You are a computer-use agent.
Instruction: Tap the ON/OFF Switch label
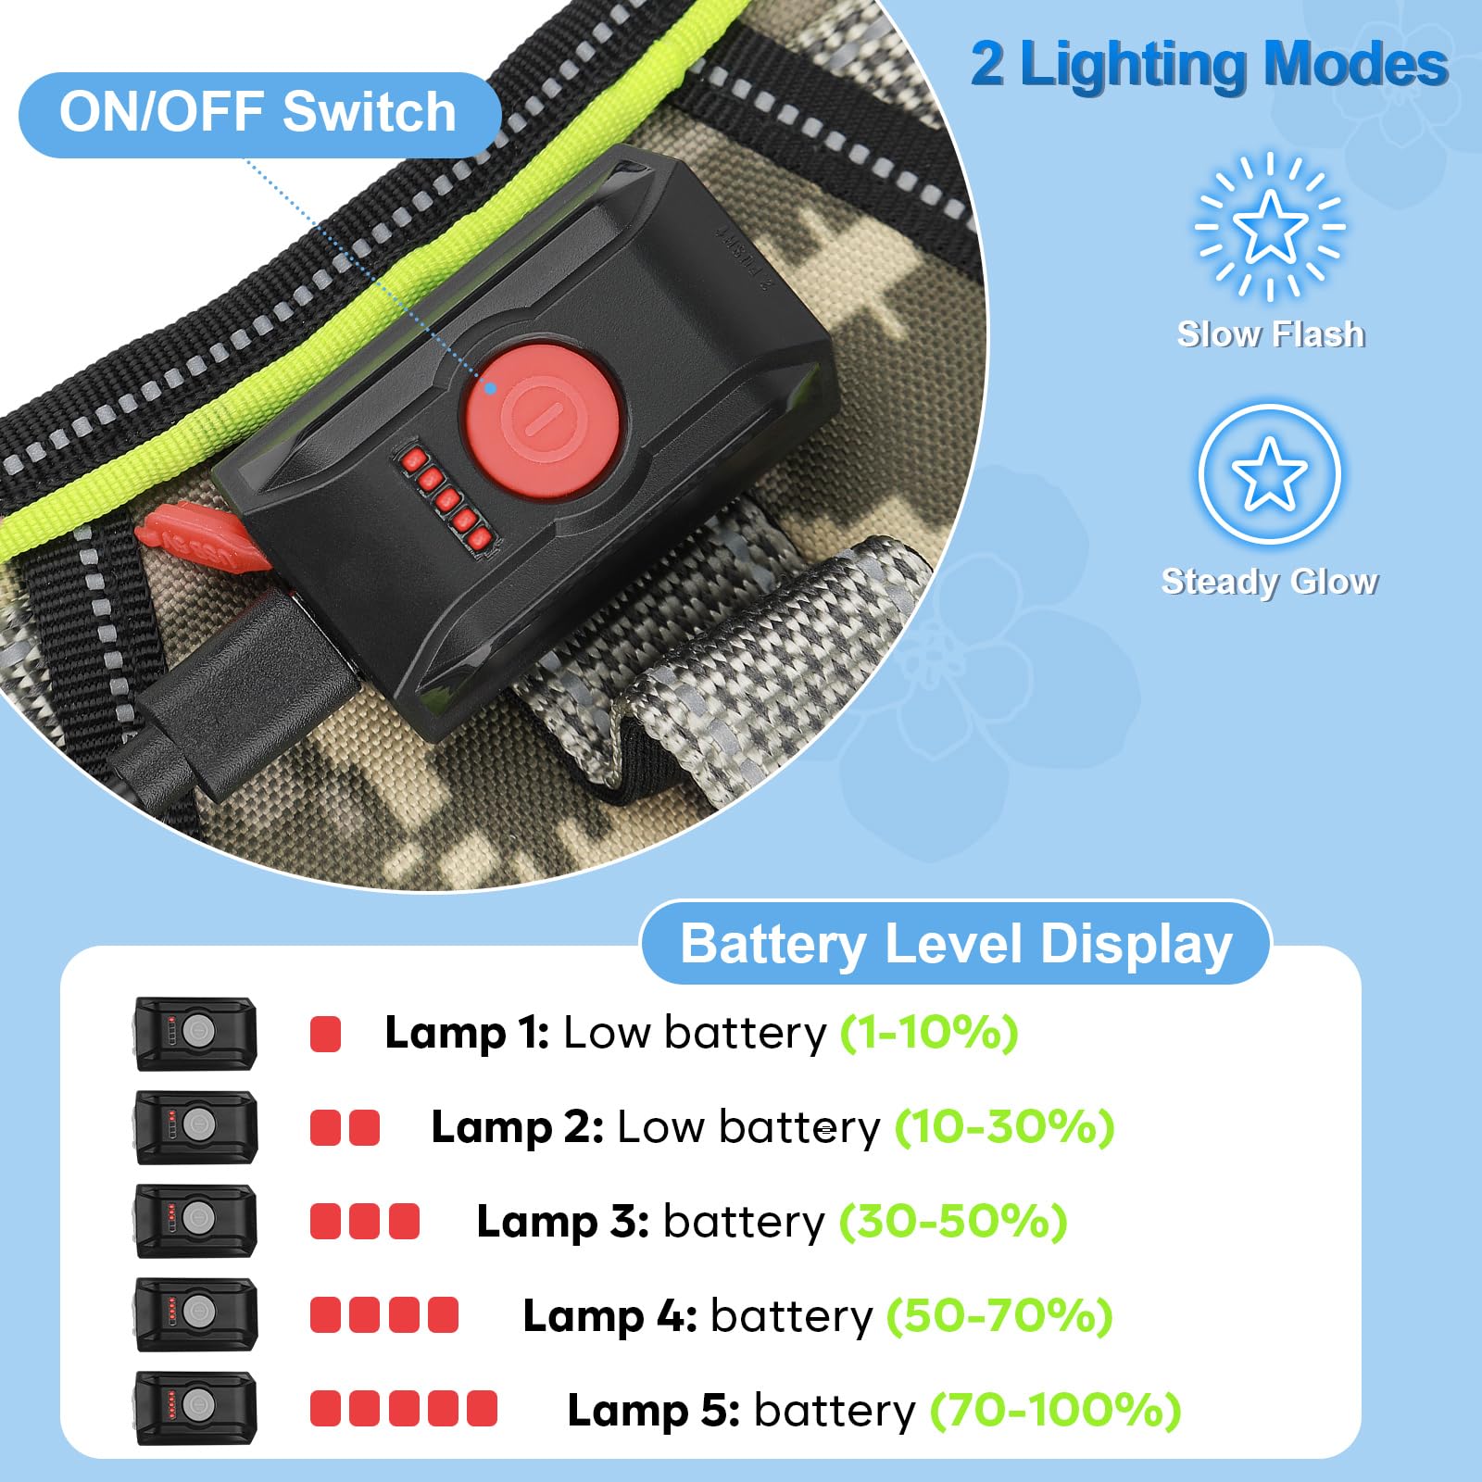pos(258,113)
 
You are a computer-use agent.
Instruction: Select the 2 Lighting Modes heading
pos(1210,65)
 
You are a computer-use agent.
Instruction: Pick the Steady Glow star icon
pos(1269,473)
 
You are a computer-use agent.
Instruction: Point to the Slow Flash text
pos(1271,333)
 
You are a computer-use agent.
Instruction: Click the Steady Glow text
pos(1270,582)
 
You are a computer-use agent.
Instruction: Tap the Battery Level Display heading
pos(956,944)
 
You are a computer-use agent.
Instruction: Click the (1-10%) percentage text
pos(929,1032)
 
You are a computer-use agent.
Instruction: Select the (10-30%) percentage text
pos(1005,1127)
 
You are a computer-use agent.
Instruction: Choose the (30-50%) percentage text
pos(953,1221)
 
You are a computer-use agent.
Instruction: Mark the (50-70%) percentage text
pos(999,1315)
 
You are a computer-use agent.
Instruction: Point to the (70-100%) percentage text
pos(1056,1411)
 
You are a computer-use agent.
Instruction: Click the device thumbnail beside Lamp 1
pos(195,1033)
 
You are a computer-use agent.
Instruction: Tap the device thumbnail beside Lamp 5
pos(195,1408)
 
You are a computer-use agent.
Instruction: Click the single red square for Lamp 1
pos(325,1034)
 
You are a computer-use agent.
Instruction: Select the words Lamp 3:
pos(562,1221)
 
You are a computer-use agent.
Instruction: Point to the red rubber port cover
pos(199,534)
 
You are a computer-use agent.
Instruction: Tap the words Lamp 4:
pos(609,1315)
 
